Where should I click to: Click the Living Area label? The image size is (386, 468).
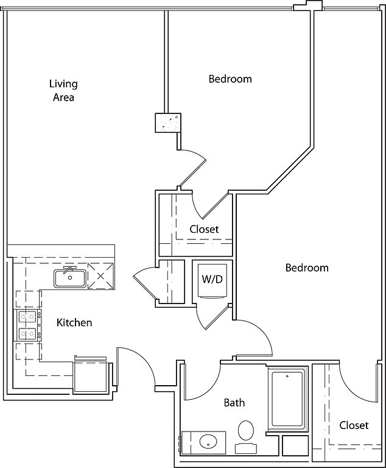63,90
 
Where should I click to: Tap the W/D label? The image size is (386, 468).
211,280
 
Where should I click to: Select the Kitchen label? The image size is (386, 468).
74,322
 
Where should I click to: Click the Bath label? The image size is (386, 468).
234,403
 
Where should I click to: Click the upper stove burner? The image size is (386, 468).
26,316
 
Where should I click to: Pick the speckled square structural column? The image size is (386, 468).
167,122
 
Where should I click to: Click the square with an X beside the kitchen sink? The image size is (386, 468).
100,276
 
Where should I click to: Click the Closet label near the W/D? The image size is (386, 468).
204,230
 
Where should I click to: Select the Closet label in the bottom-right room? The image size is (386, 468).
354,425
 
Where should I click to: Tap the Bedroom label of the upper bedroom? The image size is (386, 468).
230,79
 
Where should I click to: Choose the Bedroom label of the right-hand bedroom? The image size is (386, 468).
307,268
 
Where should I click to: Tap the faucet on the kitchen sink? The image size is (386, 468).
68,269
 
